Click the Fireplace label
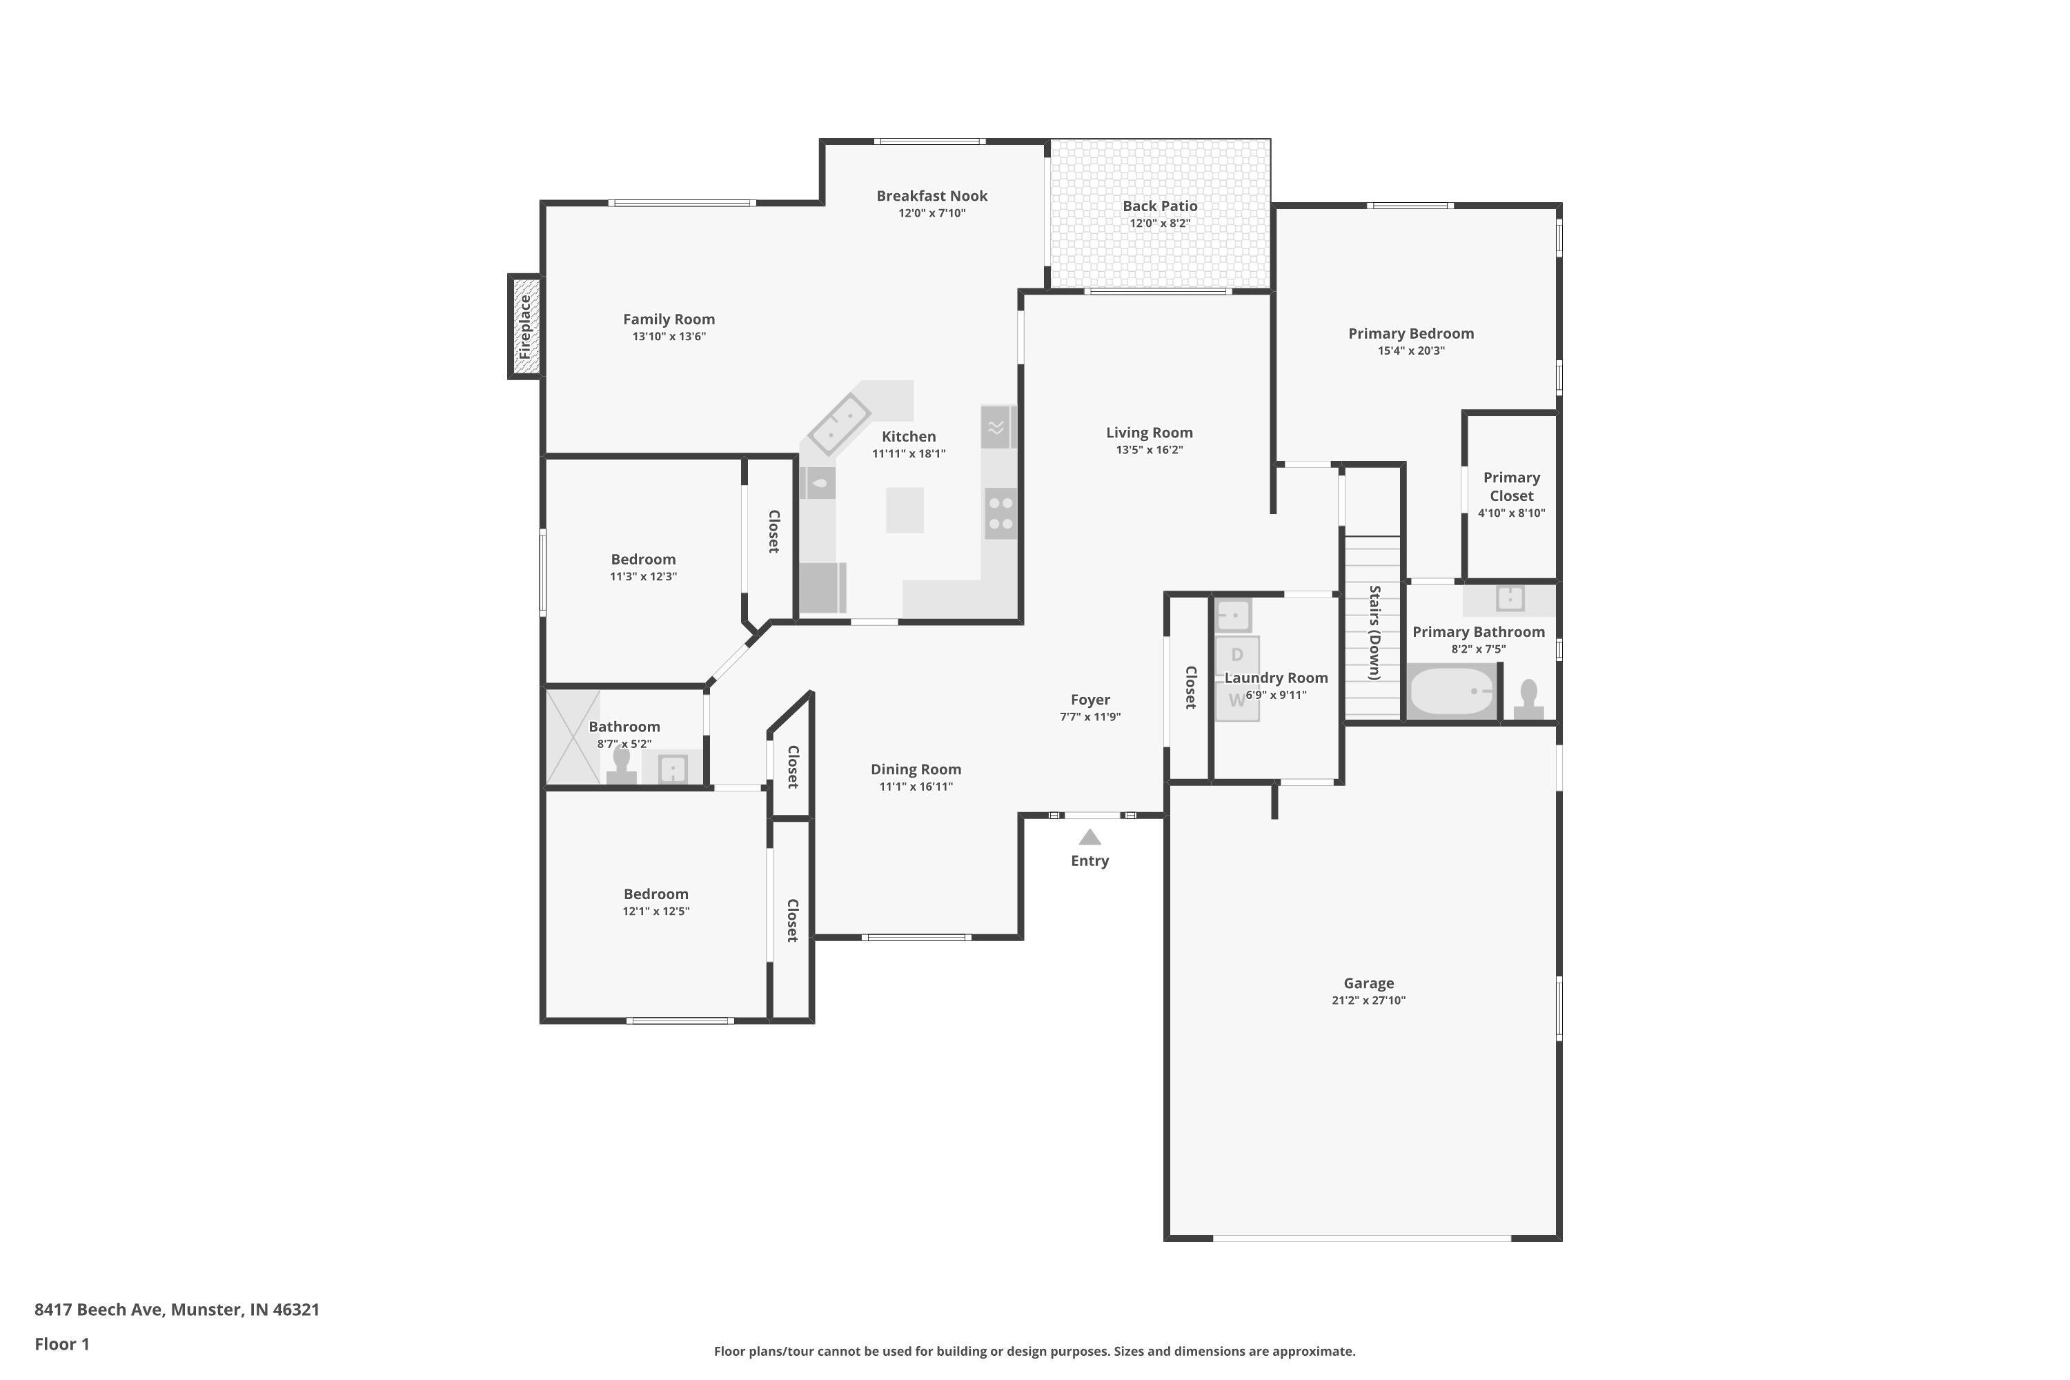pyautogui.click(x=525, y=326)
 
